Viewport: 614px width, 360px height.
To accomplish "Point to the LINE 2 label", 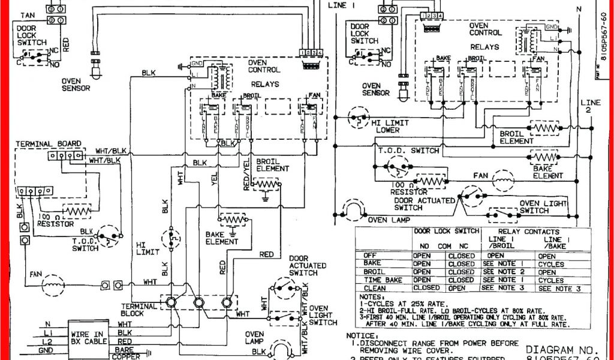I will pos(590,107).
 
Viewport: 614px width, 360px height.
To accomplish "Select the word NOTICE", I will pos(363,336).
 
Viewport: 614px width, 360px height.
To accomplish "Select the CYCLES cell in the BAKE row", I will pos(550,263).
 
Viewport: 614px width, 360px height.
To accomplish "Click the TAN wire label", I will pos(27,14).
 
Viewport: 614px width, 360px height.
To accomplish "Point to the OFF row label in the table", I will pos(371,256).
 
